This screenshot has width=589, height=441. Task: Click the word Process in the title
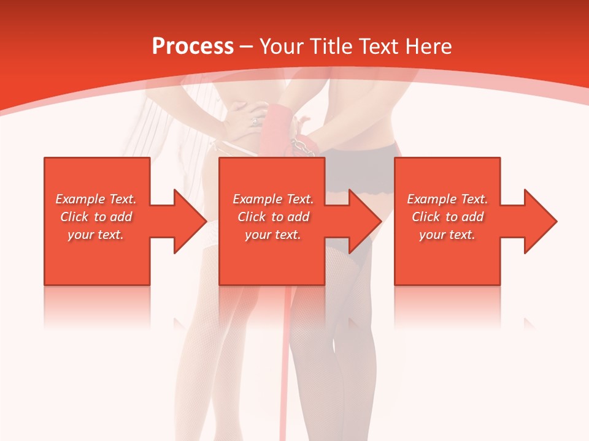pos(193,47)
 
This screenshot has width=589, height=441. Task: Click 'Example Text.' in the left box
pos(96,199)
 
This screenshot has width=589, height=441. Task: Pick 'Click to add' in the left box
pos(96,217)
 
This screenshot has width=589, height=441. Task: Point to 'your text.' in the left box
pos(96,235)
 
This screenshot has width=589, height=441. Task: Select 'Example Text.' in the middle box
pos(273,199)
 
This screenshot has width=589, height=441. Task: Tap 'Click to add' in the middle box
pos(273,217)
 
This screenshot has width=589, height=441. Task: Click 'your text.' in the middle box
pos(273,235)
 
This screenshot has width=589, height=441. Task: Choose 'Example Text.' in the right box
pos(447,199)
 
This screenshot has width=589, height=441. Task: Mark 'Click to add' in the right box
pos(447,217)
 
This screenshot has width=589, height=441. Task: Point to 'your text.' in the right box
pos(447,235)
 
